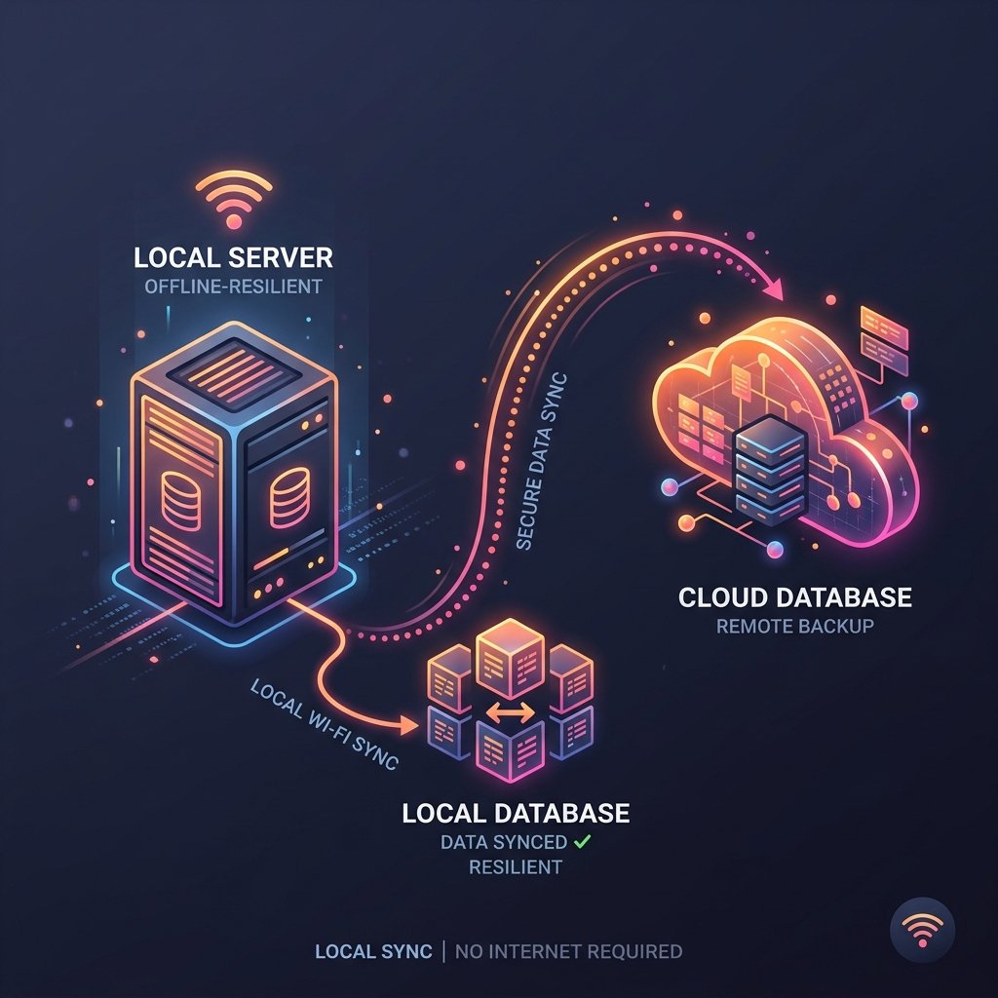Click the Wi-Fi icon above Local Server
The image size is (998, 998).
tap(234, 200)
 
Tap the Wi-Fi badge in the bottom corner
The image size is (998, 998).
tap(922, 930)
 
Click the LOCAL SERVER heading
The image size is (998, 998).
tap(233, 257)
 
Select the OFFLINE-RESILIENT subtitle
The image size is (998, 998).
tap(233, 287)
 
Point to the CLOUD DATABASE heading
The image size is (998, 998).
tap(795, 597)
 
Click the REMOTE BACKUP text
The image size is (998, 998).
tap(795, 627)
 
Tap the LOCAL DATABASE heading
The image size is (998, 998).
tap(516, 814)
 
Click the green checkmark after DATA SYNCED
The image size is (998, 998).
tap(583, 841)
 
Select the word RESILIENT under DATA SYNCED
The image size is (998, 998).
tap(516, 866)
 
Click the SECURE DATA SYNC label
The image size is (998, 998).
tap(541, 461)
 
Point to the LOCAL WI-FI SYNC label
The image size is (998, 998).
tap(325, 724)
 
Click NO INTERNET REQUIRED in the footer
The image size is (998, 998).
tap(568, 951)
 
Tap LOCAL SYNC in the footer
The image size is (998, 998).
tap(373, 951)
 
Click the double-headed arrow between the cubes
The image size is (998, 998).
tap(511, 712)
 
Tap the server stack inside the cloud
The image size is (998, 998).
tap(770, 470)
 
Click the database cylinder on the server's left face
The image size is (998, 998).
tap(180, 501)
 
